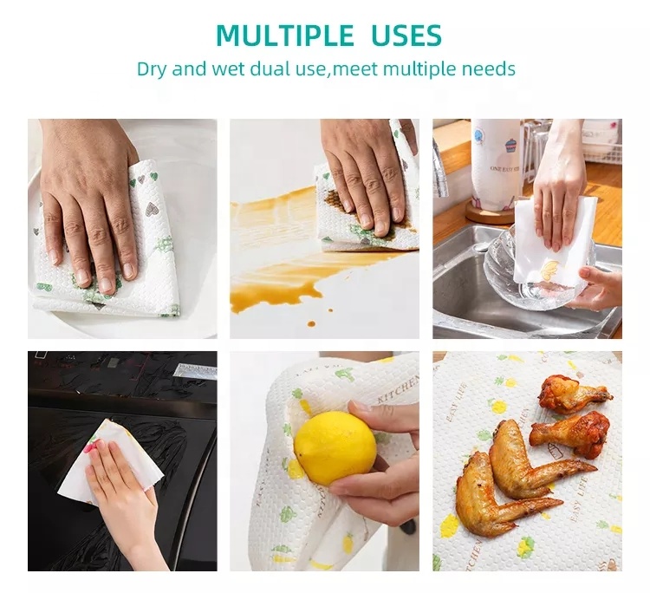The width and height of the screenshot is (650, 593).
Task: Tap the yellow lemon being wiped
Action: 335,446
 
